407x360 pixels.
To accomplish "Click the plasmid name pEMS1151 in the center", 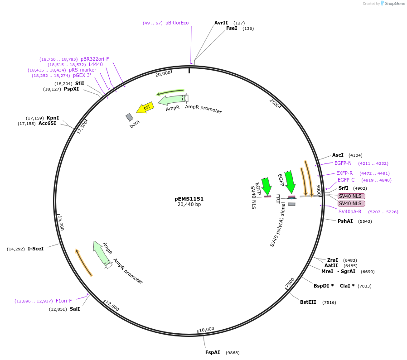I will (189, 199).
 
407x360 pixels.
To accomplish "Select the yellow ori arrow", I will (145, 108).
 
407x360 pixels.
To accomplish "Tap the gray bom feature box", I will (130, 117).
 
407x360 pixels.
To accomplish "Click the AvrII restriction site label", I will (221, 23).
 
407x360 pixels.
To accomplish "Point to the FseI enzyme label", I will (232, 28).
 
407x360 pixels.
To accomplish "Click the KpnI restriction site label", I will (53, 118).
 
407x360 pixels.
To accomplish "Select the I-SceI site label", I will (35, 249).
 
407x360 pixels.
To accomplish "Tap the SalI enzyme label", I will (75, 309).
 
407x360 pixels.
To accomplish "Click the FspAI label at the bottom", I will (213, 352).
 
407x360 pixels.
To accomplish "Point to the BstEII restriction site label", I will (308, 302).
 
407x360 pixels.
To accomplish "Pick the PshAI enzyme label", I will (345, 221).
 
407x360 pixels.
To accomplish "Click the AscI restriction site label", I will (338, 155).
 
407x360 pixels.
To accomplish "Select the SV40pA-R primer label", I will (350, 211).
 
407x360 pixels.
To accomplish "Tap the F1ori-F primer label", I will (64, 301).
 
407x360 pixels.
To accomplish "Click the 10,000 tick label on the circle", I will (207, 329).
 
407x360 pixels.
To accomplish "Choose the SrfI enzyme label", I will (344, 188).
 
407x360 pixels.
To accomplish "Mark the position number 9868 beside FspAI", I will (233, 352).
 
